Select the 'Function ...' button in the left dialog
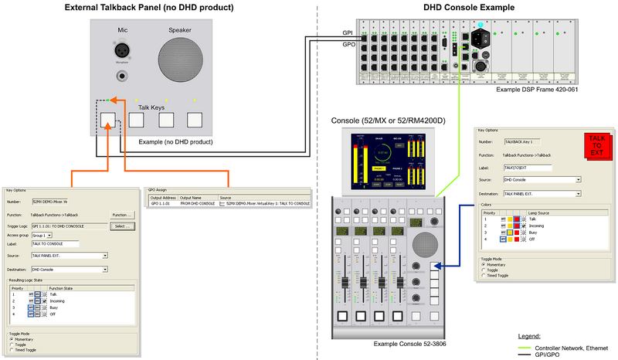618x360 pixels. point(120,214)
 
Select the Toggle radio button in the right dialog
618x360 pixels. point(484,270)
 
